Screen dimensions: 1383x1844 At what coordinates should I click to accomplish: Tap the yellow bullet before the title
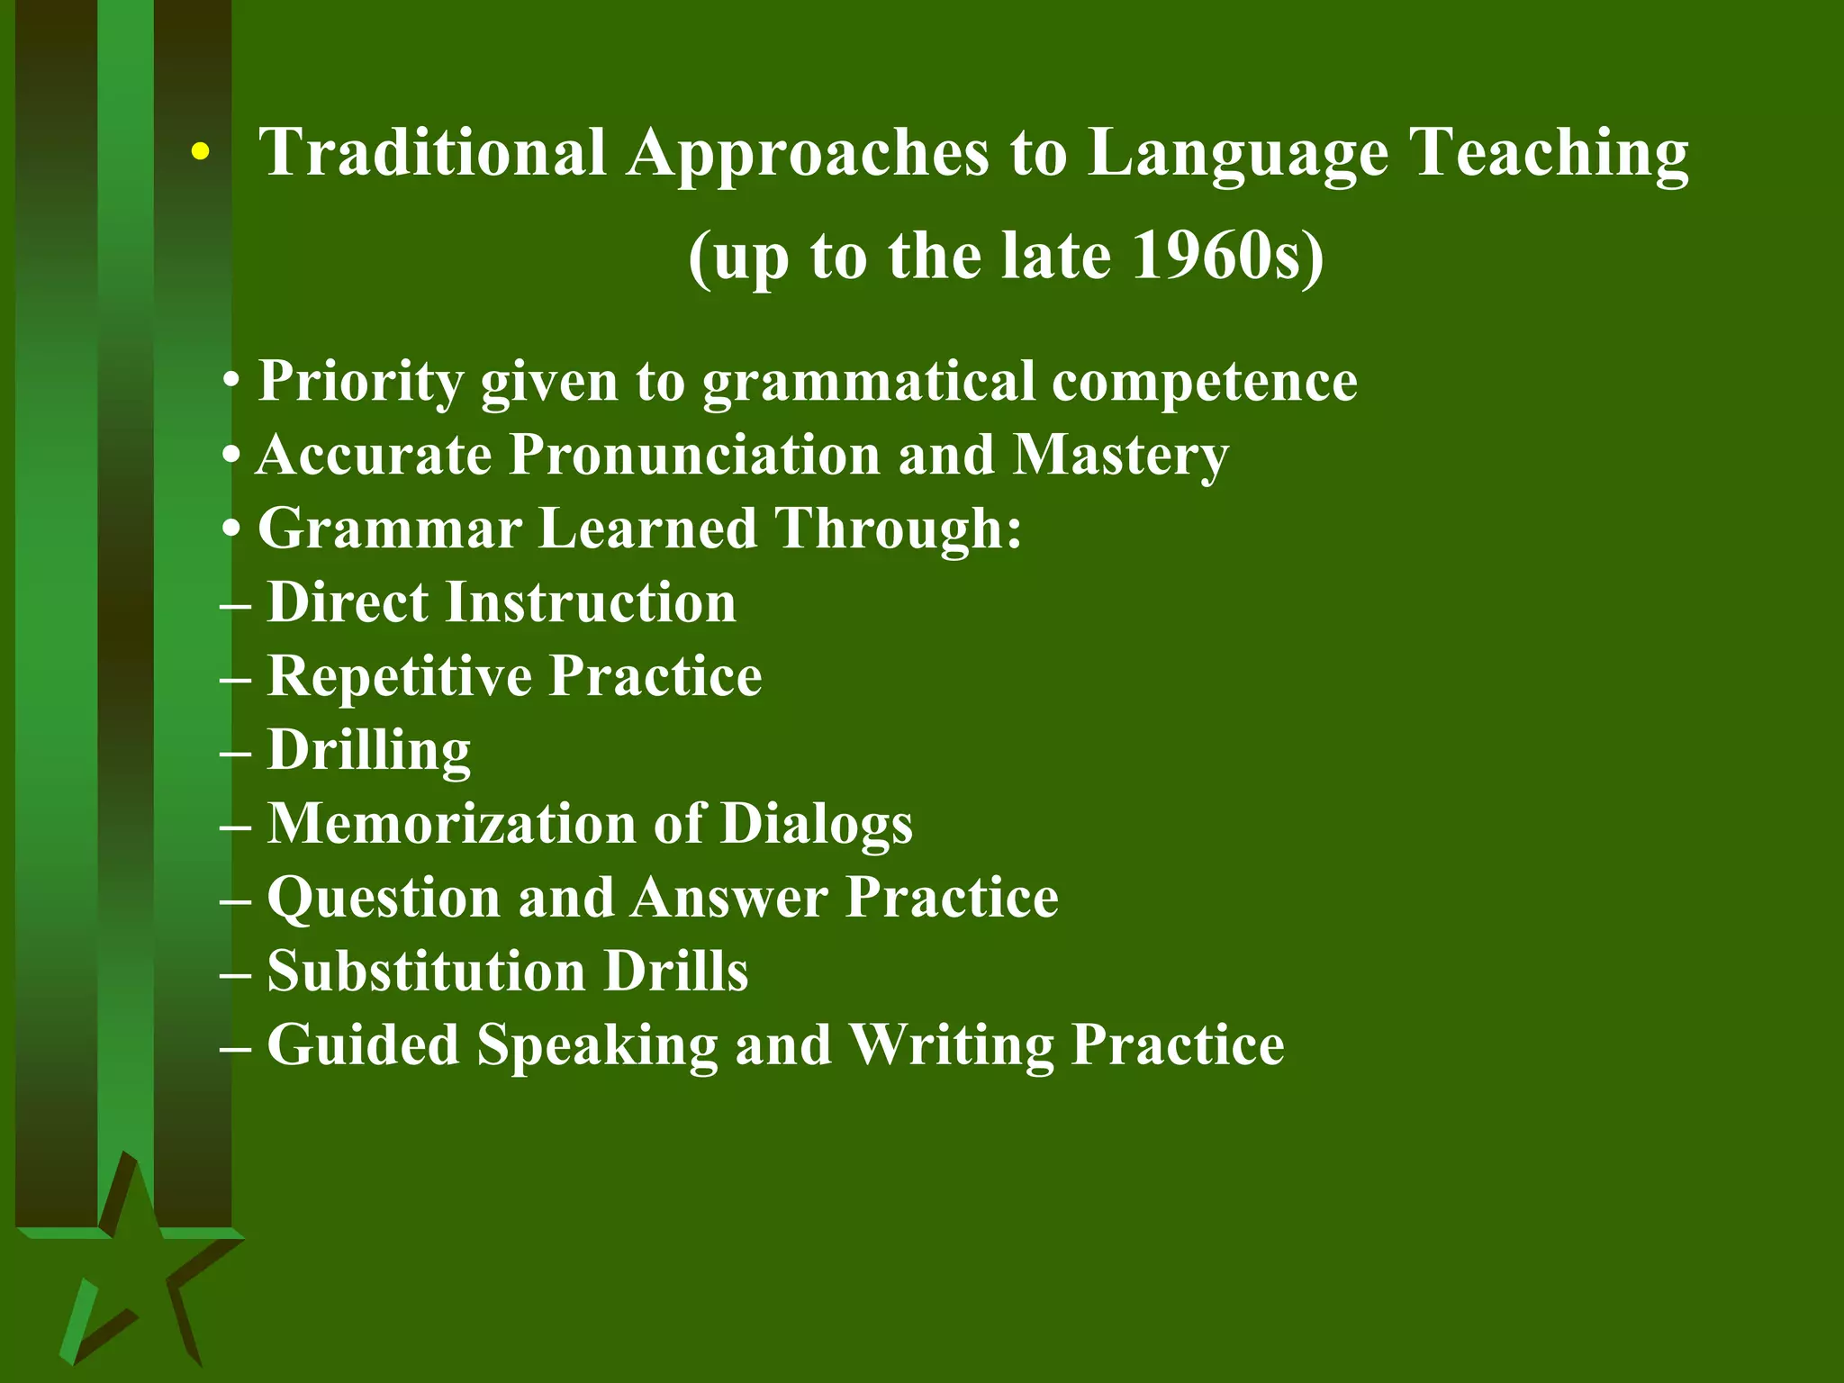tap(200, 154)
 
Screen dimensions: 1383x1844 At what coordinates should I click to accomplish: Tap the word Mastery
tap(1120, 456)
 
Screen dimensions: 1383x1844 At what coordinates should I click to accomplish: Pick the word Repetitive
tap(400, 676)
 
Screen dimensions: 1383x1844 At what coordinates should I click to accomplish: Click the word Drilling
tap(369, 750)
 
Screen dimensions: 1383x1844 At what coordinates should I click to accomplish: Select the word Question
tap(384, 899)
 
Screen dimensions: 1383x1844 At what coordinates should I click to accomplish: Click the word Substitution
tap(427, 971)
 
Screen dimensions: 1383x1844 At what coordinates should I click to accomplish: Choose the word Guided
tap(364, 1045)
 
